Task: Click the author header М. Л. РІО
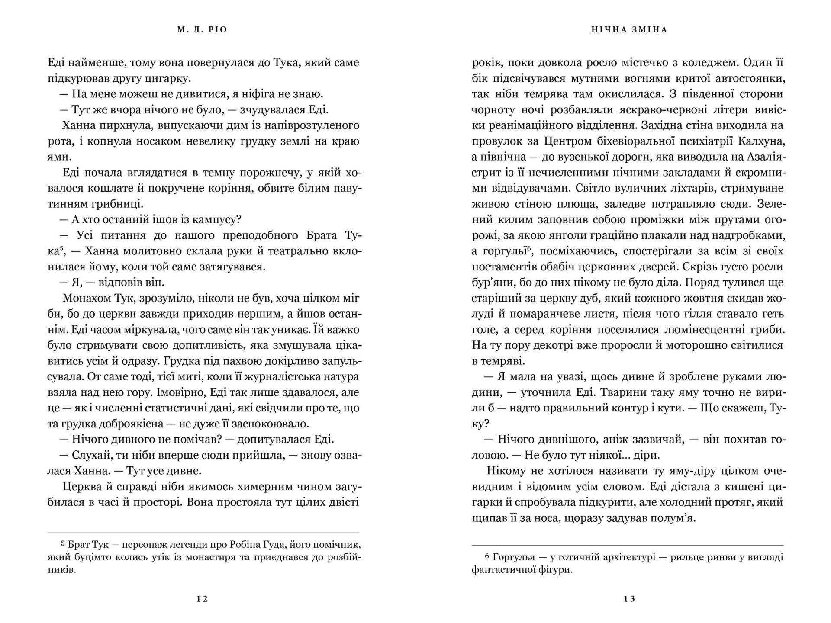[x=202, y=30]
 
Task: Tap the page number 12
[x=202, y=599]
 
